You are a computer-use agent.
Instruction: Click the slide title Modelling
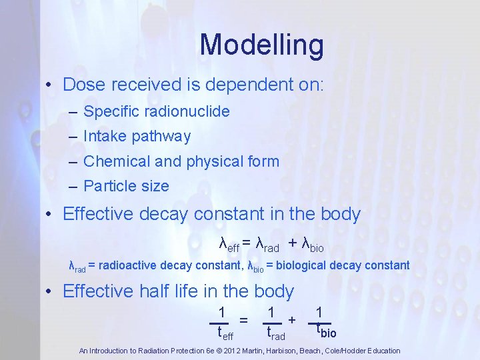click(x=261, y=45)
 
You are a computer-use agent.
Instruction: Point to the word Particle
click(x=108, y=186)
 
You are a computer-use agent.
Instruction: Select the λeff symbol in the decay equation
click(x=229, y=245)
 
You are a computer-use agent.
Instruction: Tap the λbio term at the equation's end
click(x=313, y=245)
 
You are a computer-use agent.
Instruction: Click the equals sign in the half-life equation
click(x=245, y=320)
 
